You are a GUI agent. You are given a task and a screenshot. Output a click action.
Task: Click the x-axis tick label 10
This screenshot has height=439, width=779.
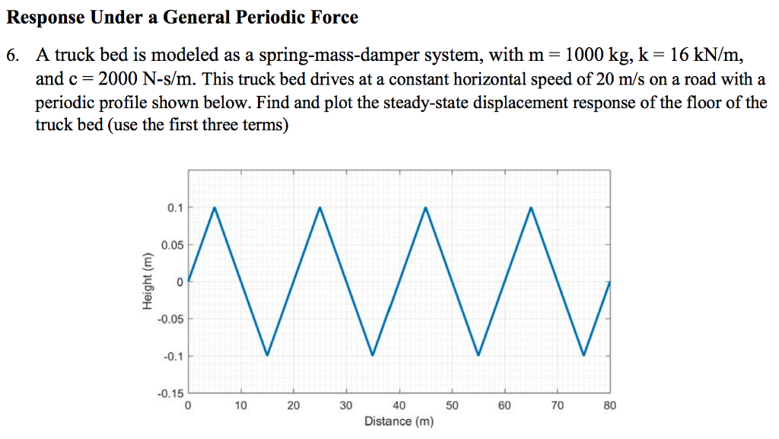[x=240, y=406]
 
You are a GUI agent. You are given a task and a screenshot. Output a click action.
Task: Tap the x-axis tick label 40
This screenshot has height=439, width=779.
[x=399, y=406]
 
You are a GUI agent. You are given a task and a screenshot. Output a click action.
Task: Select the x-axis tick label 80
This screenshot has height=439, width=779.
[x=609, y=406]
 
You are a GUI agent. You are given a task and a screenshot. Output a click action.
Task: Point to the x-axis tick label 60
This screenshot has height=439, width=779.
[x=504, y=406]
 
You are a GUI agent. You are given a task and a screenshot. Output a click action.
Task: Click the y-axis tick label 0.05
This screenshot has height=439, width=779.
[x=172, y=245]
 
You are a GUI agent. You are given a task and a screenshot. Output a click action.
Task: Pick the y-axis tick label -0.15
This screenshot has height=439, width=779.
[x=170, y=393]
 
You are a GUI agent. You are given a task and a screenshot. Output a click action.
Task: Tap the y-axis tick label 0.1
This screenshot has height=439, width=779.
[x=176, y=208]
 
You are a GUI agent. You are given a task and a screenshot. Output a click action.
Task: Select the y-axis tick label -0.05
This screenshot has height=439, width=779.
[x=170, y=319]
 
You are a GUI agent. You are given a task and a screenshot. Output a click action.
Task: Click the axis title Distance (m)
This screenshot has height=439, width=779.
[x=399, y=422]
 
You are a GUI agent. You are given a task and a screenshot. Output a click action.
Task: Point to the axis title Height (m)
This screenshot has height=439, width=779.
[x=147, y=282]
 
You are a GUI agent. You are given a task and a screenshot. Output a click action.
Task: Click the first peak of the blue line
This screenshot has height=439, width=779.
[x=215, y=208]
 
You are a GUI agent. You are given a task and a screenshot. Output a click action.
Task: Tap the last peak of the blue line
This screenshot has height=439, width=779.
[x=531, y=208]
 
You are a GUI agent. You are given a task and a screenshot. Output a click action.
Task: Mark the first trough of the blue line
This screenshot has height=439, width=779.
[x=267, y=355]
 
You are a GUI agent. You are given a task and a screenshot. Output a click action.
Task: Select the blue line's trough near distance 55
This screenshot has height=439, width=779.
[x=478, y=355]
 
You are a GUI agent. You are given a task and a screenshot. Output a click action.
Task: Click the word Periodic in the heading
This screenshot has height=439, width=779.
[x=260, y=17]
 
